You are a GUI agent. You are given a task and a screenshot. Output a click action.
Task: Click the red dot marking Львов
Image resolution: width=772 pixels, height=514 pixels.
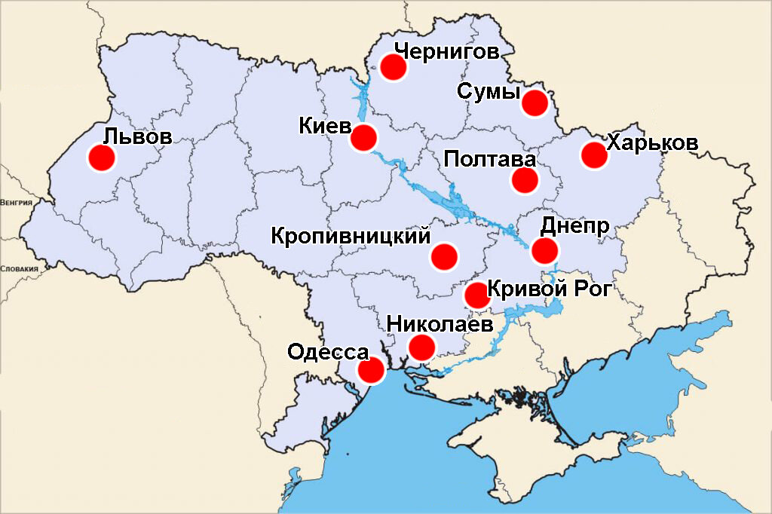click(101, 158)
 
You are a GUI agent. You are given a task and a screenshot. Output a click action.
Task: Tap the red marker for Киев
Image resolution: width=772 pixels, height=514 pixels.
click(363, 138)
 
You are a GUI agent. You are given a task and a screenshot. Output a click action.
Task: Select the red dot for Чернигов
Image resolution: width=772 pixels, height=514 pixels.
click(393, 67)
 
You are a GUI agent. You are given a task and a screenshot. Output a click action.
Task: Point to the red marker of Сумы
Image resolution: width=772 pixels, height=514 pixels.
click(535, 102)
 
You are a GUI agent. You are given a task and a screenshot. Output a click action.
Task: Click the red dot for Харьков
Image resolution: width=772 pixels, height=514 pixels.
click(594, 155)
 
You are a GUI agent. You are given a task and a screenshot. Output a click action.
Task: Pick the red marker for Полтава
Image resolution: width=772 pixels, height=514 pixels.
click(525, 180)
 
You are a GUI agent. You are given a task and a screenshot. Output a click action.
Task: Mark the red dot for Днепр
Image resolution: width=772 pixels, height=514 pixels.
click(544, 250)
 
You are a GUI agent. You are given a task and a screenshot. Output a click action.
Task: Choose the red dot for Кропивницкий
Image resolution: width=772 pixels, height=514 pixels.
click(444, 256)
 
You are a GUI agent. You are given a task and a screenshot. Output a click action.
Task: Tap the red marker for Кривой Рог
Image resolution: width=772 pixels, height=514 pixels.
click(477, 295)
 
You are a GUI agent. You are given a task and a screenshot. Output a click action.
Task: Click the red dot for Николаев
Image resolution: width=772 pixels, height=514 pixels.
click(421, 347)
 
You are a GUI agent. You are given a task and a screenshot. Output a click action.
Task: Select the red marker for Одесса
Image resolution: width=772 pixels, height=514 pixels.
click(370, 371)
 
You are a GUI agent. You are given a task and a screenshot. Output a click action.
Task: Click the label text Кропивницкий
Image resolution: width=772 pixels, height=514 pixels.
click(351, 236)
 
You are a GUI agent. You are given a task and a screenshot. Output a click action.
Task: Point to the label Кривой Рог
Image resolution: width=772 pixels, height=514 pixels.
click(547, 289)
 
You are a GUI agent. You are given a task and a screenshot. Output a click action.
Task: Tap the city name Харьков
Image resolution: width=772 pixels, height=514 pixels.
click(652, 142)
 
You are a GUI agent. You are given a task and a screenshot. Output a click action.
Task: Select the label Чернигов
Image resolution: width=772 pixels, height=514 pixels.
click(446, 51)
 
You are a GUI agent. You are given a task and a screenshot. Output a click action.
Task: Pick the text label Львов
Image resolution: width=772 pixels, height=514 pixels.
click(138, 137)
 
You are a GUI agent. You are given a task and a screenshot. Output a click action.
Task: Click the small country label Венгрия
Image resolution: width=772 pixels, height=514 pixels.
click(16, 203)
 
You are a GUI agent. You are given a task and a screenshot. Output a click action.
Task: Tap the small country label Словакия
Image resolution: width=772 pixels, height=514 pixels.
click(18, 268)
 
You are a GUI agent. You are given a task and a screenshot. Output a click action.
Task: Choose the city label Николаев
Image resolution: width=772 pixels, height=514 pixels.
click(440, 324)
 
